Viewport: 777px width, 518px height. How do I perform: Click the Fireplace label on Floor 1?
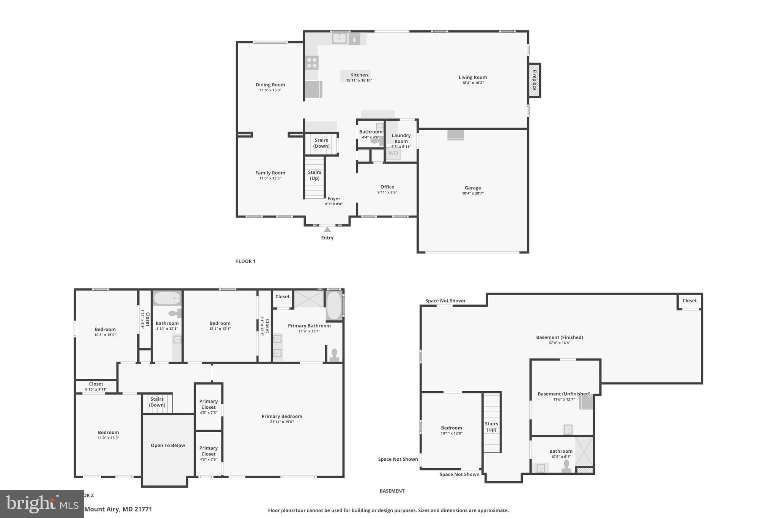[x=534, y=80]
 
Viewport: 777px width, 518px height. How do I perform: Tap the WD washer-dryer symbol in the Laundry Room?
[x=393, y=153]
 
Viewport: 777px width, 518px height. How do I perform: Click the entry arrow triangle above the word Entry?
[x=327, y=230]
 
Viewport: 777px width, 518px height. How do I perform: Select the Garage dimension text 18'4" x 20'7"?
[x=473, y=193]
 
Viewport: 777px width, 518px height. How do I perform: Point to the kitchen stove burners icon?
[x=312, y=63]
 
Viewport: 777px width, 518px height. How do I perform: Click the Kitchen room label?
[x=359, y=75]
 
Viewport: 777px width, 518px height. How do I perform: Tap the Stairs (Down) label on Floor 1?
[x=321, y=143]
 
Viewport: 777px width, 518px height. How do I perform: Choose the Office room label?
[x=387, y=187]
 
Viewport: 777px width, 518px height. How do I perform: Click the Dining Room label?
[x=270, y=85]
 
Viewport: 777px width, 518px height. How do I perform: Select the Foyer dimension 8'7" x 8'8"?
[x=334, y=204]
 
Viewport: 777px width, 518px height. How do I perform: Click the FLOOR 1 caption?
[x=245, y=261]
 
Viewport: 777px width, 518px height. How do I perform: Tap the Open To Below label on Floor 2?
[x=168, y=446]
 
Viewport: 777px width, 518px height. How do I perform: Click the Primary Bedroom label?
[x=282, y=416]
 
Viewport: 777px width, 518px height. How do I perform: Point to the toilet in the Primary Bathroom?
[x=334, y=355]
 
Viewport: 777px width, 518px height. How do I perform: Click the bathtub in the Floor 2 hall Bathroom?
[x=167, y=298]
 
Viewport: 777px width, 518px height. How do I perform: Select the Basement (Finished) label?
[x=559, y=337]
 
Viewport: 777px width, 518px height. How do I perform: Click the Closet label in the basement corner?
[x=689, y=301]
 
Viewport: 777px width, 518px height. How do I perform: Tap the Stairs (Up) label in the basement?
[x=491, y=427]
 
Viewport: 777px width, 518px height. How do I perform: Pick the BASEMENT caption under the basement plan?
[x=392, y=491]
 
